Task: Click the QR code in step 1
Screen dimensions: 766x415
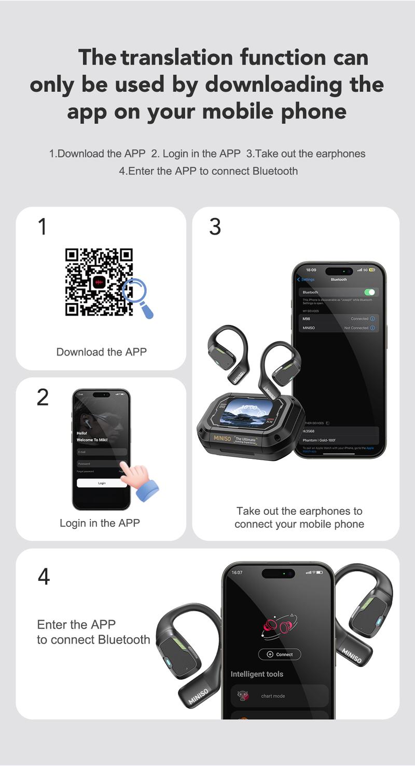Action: coord(99,282)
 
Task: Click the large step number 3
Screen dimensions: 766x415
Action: coord(215,227)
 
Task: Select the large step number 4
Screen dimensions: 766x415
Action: coord(44,577)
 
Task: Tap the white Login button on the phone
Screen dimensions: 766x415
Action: coord(102,483)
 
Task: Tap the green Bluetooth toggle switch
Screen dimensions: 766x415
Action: coord(369,292)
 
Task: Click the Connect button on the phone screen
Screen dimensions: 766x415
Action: coord(280,654)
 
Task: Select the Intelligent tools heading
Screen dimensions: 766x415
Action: coord(257,674)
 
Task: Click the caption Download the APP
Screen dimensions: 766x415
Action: coord(102,352)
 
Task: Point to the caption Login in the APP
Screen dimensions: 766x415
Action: coord(100,523)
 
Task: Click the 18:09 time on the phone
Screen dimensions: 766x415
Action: coord(311,270)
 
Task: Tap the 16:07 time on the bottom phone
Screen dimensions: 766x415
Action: coord(237,572)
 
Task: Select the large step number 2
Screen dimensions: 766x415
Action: coord(43,398)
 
